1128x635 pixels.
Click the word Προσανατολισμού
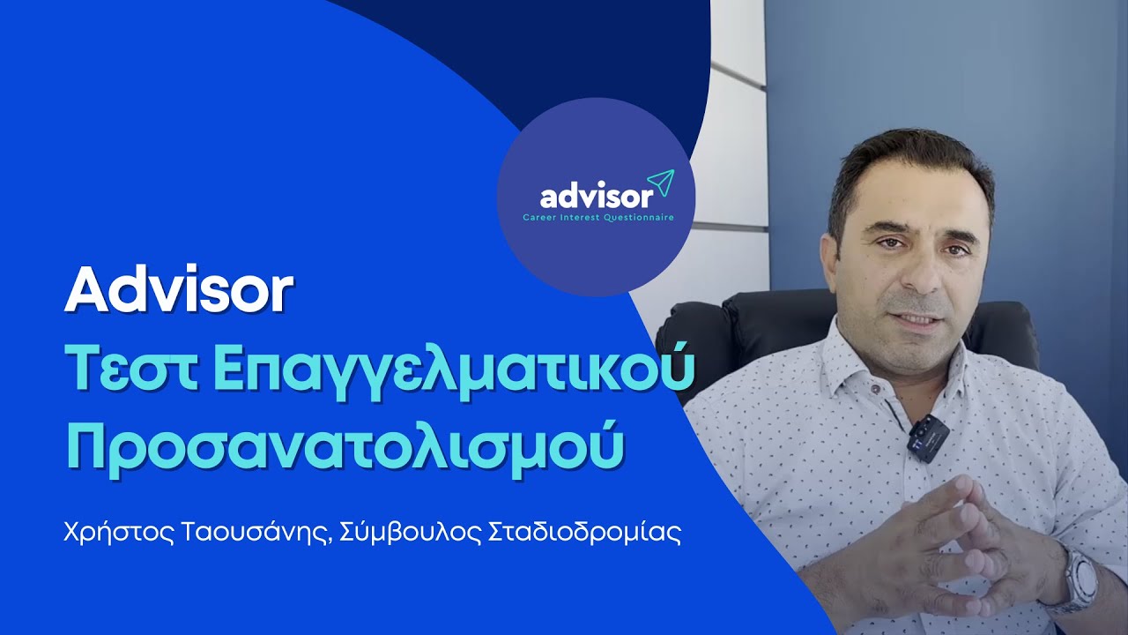[345, 446]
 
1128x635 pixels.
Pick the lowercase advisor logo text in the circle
[597, 195]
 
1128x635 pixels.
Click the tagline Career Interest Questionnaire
[597, 217]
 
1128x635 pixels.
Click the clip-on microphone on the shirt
[928, 437]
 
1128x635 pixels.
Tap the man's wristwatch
[1079, 578]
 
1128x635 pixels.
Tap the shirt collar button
[872, 388]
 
